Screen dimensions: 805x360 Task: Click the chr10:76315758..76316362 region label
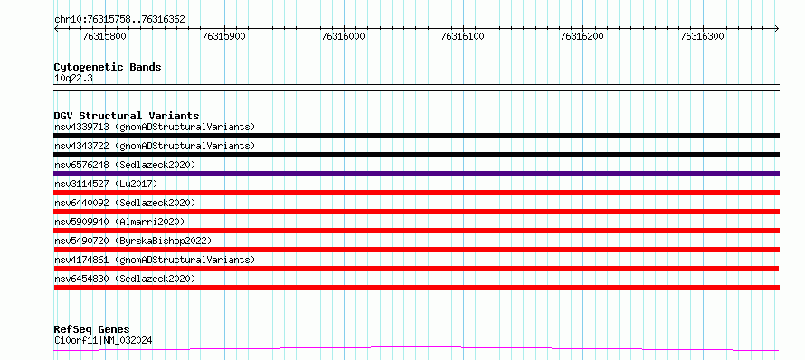(119, 20)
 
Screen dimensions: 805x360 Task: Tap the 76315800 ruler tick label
(104, 36)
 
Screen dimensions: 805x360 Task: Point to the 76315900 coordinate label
(223, 36)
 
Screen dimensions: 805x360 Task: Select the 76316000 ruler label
(344, 36)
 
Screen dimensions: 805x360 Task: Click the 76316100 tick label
(463, 36)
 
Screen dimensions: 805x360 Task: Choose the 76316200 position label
(582, 36)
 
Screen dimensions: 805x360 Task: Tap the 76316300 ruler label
(702, 36)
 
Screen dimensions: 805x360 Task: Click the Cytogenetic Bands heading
(108, 67)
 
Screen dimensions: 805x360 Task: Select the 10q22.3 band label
(73, 79)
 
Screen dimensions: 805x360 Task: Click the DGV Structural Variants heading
(127, 116)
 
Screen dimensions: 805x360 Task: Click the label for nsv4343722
(155, 146)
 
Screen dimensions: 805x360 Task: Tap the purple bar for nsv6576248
(416, 174)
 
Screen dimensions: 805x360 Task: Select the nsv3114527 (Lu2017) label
(106, 184)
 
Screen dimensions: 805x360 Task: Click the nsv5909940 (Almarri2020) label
(119, 222)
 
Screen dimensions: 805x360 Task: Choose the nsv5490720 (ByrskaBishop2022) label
(133, 241)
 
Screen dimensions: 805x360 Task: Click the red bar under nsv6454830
(416, 288)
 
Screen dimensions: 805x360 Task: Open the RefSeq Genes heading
(92, 330)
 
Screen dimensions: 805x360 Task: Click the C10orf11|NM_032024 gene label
(103, 340)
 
